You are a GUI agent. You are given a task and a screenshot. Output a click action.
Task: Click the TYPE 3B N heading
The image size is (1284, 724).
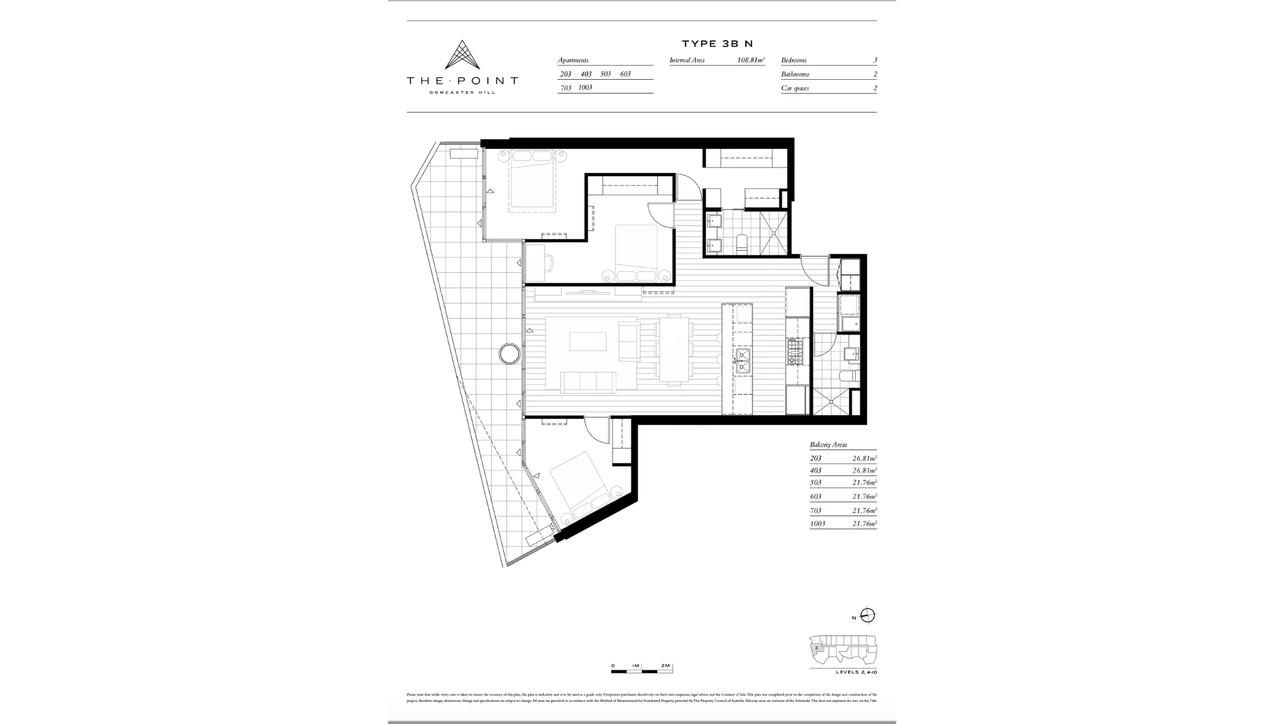pyautogui.click(x=717, y=44)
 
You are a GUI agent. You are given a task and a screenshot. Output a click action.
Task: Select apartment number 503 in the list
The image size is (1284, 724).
pyautogui.click(x=606, y=74)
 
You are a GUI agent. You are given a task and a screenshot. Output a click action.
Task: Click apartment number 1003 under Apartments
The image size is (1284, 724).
pyautogui.click(x=585, y=88)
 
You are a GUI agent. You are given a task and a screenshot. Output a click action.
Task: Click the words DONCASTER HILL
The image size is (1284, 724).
pyautogui.click(x=462, y=93)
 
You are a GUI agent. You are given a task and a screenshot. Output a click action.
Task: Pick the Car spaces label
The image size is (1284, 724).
pyautogui.click(x=795, y=88)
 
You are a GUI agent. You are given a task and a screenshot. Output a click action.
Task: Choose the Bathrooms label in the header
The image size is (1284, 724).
pyautogui.click(x=795, y=74)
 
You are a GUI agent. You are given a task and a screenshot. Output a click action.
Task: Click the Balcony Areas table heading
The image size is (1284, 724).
pyautogui.click(x=828, y=444)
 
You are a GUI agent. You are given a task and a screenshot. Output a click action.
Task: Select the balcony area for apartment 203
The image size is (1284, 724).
pyautogui.click(x=864, y=459)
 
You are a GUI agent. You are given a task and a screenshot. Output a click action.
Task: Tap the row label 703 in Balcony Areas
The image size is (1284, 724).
pyautogui.click(x=816, y=511)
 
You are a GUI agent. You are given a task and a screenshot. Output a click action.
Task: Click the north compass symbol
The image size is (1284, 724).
pyautogui.click(x=868, y=615)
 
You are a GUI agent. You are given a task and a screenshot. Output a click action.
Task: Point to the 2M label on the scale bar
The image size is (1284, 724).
pyautogui.click(x=665, y=666)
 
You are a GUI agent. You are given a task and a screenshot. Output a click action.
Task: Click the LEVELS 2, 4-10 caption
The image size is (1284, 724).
pyautogui.click(x=856, y=672)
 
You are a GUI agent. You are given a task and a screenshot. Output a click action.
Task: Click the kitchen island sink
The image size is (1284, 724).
pyautogui.click(x=743, y=360)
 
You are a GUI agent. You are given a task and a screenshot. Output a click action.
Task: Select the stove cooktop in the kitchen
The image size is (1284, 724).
pyautogui.click(x=795, y=351)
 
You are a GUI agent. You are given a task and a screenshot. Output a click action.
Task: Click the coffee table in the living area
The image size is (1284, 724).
pyautogui.click(x=588, y=342)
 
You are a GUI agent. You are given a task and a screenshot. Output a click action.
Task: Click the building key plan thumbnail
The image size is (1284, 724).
pyautogui.click(x=842, y=650)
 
